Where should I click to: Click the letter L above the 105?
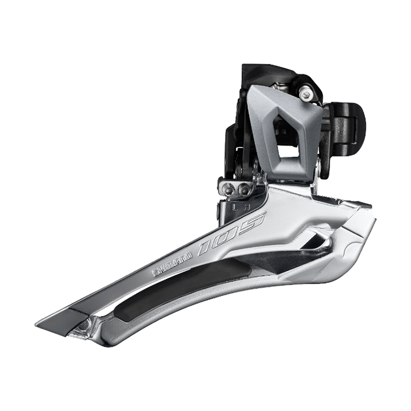click(234, 207)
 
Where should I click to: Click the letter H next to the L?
click(245, 205)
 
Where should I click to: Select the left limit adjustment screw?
click(229, 191)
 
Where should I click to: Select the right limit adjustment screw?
click(244, 189)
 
